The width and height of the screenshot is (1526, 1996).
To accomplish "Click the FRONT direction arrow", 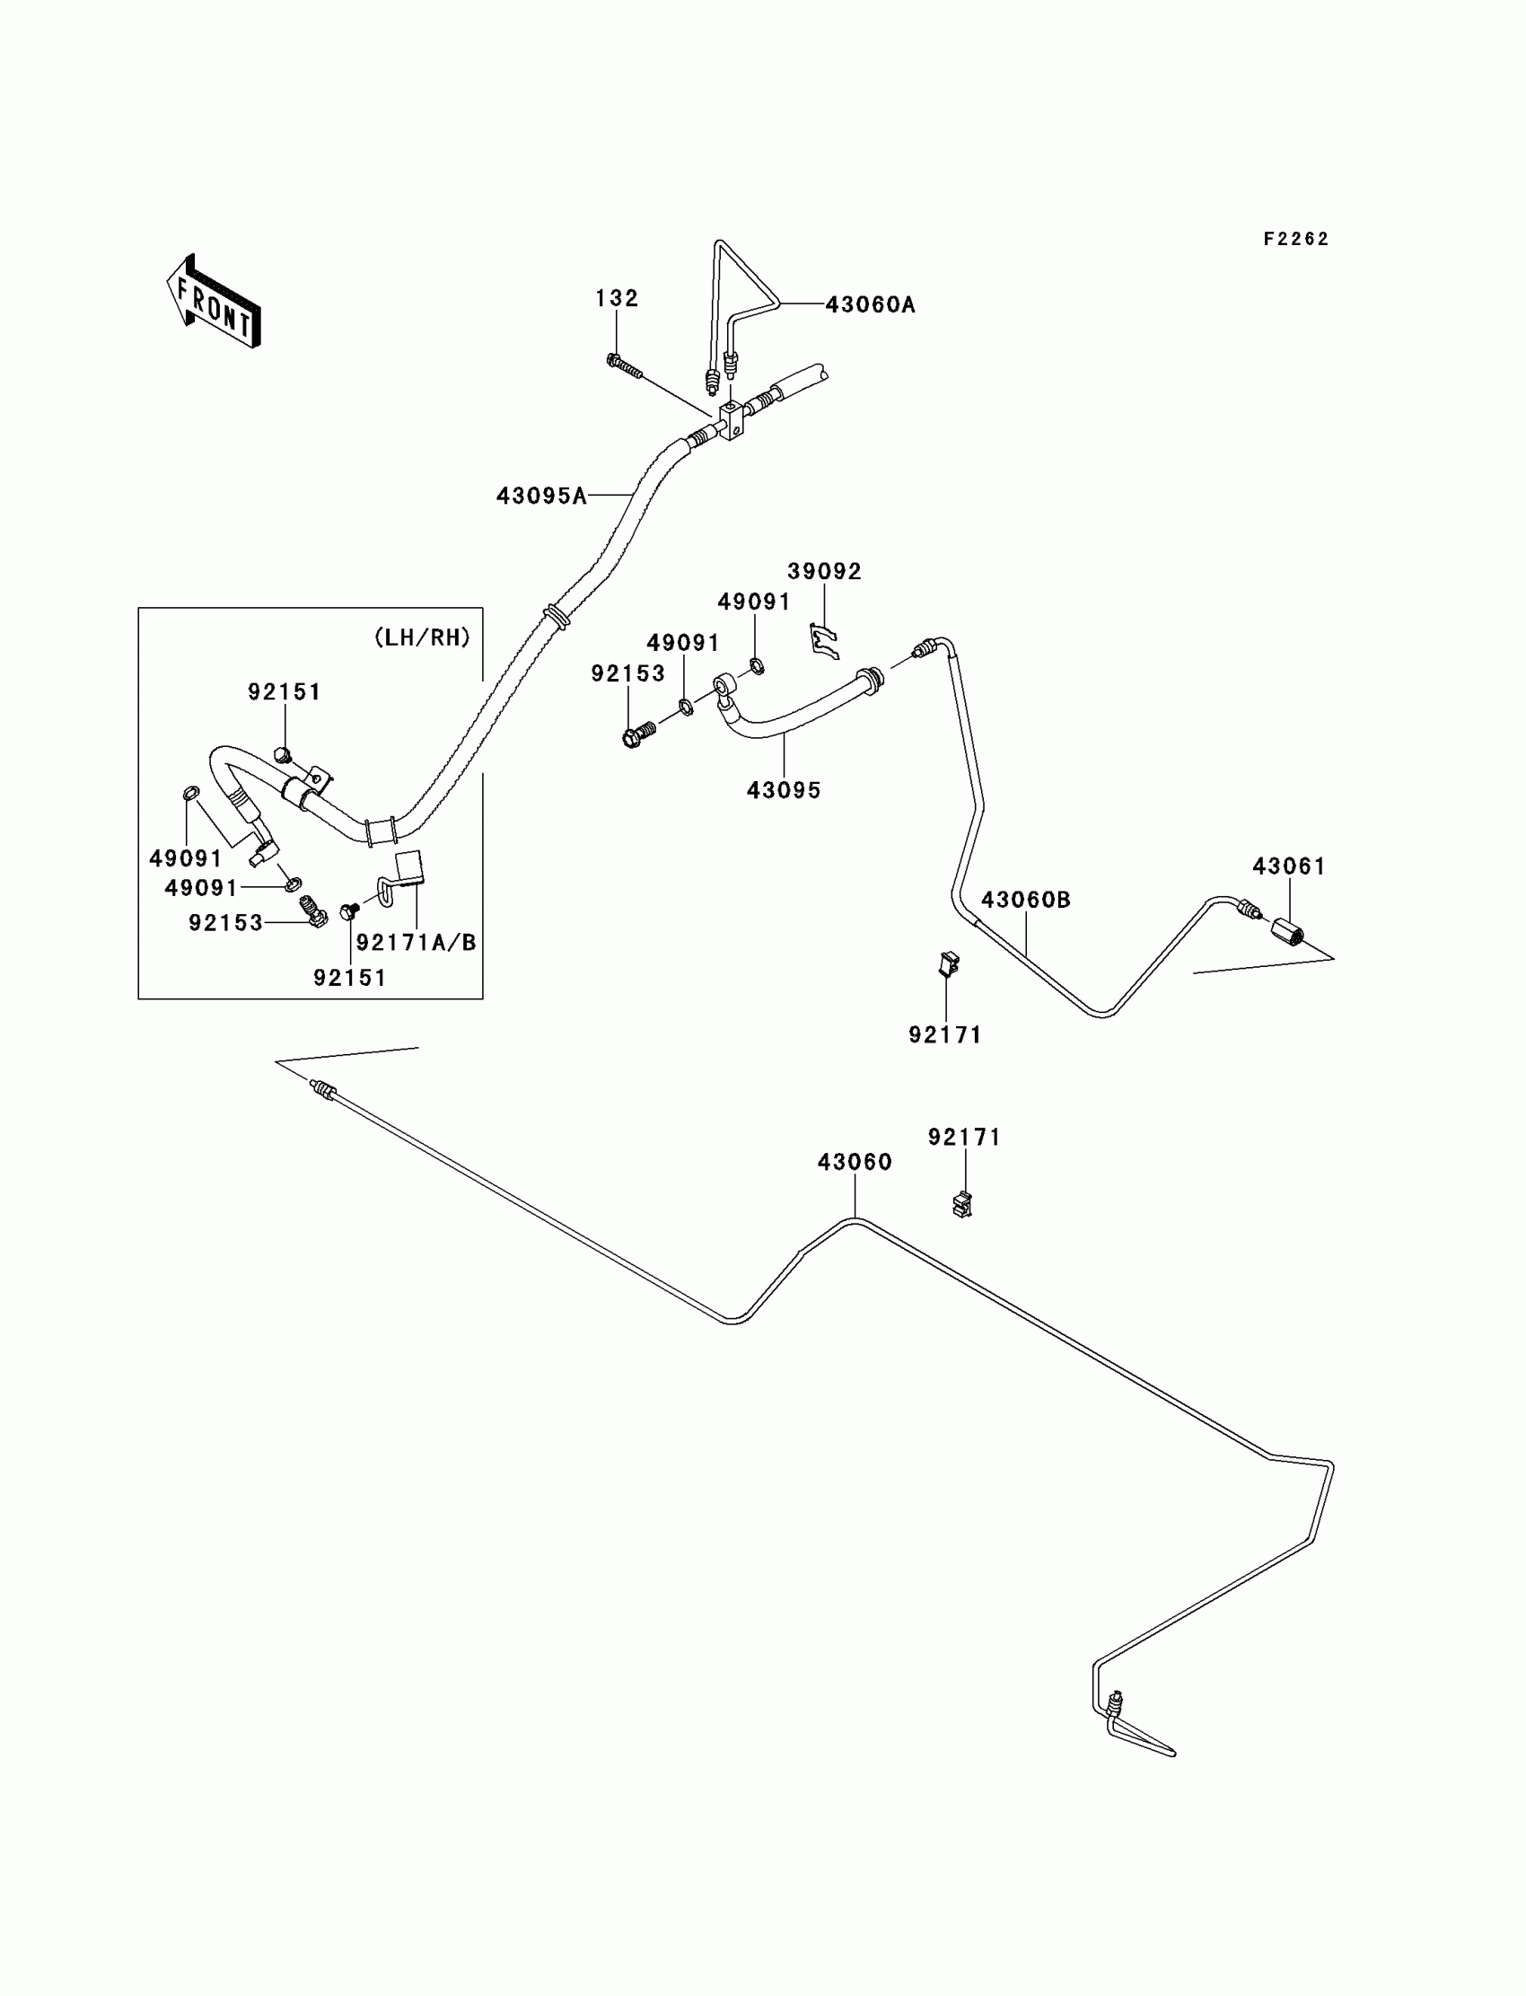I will coord(215,303).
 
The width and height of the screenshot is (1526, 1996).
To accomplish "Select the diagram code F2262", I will coord(1295,239).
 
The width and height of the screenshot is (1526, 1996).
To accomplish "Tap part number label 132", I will coord(617,298).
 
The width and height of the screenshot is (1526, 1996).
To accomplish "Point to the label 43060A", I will coord(869,305).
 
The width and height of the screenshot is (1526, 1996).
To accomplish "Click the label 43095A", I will coord(540,496).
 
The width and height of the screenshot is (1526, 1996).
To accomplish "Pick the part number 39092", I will coord(824,571).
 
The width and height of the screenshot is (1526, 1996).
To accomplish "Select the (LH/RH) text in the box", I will coord(423,637).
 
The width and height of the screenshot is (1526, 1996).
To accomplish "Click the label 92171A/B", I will coord(416,943).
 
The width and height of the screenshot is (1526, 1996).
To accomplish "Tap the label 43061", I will coord(1289,866).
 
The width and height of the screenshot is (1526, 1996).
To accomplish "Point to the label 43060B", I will coord(1025,901).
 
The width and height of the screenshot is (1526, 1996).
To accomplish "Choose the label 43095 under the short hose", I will coord(783,791).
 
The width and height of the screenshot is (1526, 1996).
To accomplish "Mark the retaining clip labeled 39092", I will coord(824,639).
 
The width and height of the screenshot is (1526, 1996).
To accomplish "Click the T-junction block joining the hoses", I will coord(732,420).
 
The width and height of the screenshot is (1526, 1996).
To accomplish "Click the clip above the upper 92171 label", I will coord(947,963).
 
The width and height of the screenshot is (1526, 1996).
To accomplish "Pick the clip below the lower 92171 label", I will coord(962,1204).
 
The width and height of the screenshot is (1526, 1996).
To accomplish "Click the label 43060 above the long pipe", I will coord(854,1162).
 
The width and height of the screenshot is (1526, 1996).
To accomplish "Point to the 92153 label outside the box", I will coord(627,674).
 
